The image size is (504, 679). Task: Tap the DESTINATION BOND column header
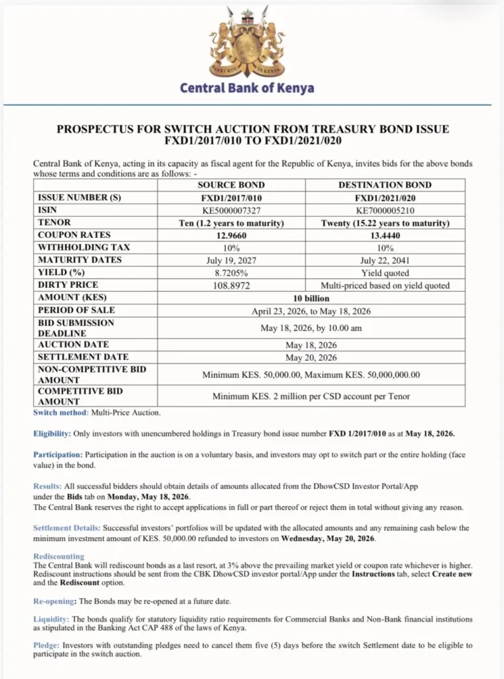pyautogui.click(x=384, y=185)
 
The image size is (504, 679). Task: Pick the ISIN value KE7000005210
pyautogui.click(x=384, y=210)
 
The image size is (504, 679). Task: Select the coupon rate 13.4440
pyautogui.click(x=384, y=235)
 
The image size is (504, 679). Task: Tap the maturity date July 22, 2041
pyautogui.click(x=384, y=260)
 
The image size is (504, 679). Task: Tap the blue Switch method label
pyautogui.click(x=60, y=412)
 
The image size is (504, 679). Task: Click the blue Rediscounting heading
pyautogui.click(x=58, y=556)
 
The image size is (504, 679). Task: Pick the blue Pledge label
pyautogui.click(x=47, y=645)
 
